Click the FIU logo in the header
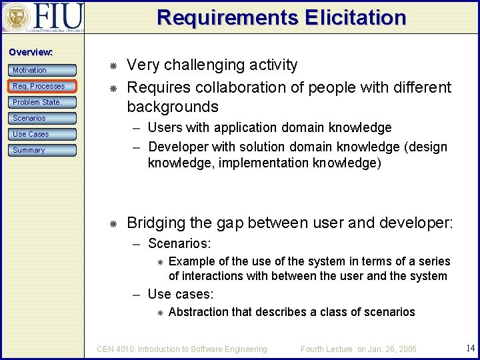point(43,18)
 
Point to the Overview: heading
point(31,52)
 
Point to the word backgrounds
point(173,107)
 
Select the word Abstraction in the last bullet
point(199,312)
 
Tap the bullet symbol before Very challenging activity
point(113,66)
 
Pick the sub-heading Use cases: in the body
point(179,294)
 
